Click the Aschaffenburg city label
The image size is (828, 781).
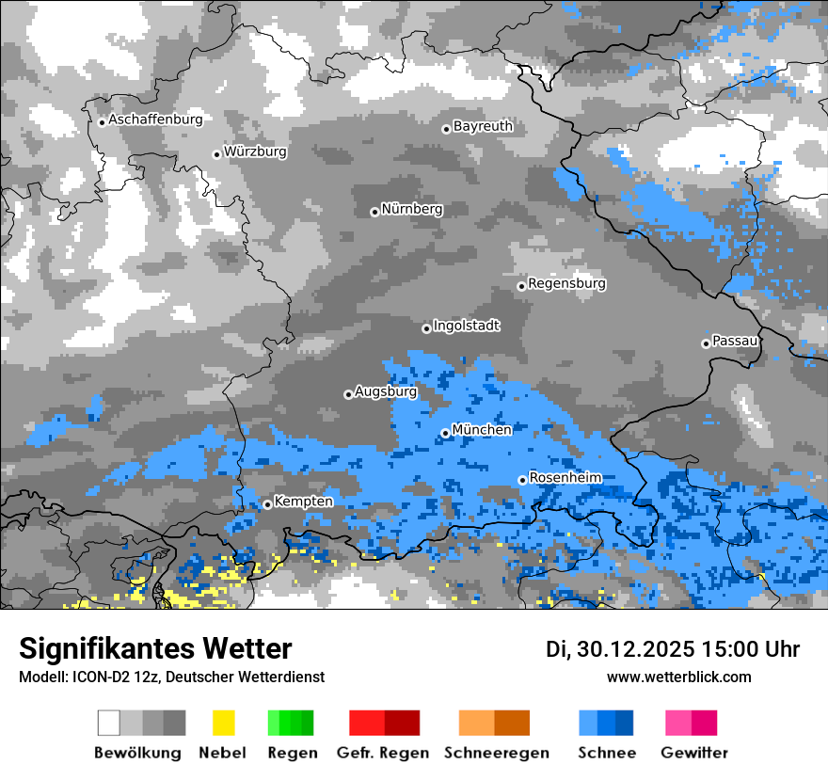(155, 120)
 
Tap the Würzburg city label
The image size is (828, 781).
(255, 151)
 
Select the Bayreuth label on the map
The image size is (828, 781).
(483, 126)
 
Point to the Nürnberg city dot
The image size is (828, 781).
(374, 212)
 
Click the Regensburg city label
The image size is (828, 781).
(566, 283)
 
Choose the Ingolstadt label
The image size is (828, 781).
(466, 326)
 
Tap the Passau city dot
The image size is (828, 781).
(706, 343)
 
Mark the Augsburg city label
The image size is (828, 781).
(385, 391)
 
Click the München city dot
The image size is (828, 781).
(445, 433)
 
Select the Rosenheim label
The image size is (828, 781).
(565, 478)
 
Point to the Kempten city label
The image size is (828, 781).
(303, 502)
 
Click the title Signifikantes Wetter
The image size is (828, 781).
(155, 648)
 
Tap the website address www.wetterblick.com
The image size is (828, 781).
(678, 677)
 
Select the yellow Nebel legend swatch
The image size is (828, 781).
(223, 723)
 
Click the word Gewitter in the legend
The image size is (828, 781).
(693, 753)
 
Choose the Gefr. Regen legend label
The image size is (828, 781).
(382, 753)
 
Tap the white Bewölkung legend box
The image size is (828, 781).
(109, 723)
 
